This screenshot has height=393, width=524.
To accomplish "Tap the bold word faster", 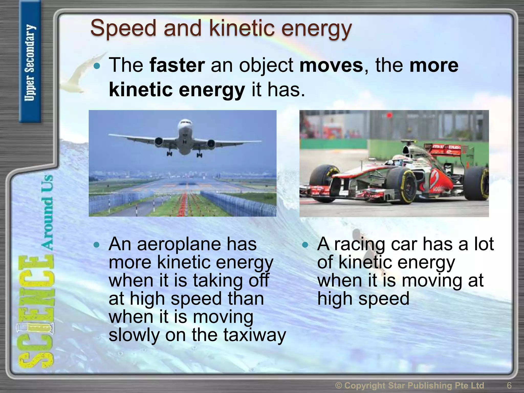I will click(x=177, y=65).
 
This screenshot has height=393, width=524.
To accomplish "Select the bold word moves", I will click(x=331, y=65).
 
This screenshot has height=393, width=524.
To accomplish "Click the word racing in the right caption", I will click(x=359, y=244).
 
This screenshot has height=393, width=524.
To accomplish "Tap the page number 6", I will click(x=509, y=385).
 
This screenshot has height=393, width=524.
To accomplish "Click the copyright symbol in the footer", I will click(x=339, y=385).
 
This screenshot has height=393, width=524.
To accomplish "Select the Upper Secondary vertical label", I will click(x=30, y=63).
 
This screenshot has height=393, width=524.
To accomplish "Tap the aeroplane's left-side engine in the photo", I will click(x=159, y=141).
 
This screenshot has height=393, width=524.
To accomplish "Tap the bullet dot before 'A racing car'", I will click(x=305, y=245).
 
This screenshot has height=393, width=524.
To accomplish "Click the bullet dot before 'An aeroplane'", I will click(x=96, y=245).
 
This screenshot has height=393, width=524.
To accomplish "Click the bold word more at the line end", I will click(x=434, y=65).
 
